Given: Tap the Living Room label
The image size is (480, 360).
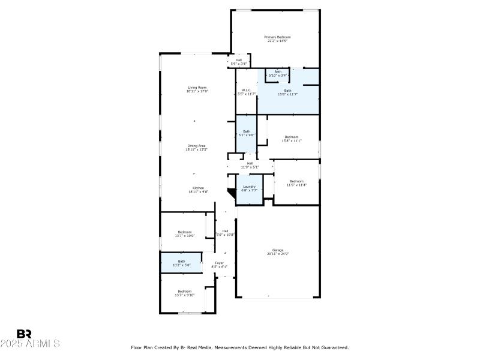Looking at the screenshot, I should tap(197, 88).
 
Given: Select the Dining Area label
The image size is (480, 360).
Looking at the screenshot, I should tap(197, 146).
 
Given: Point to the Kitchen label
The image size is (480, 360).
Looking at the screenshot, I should tap(197, 188).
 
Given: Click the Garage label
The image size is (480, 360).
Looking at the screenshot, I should tap(278, 250).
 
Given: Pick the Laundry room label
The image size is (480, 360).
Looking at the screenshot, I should tap(248, 187).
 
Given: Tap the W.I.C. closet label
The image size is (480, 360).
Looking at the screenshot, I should tap(246, 91).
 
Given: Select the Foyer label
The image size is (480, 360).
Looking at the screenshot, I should tap(219, 263).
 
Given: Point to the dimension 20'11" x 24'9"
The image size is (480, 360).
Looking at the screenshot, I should tap(278, 253).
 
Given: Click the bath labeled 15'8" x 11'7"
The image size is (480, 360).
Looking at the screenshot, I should tap(288, 92).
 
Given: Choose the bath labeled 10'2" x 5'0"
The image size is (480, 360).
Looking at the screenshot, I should tap(181, 263).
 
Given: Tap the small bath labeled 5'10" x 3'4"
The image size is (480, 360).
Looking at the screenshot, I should tap(278, 74).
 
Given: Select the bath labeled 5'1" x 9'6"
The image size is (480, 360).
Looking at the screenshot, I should tap(247, 133).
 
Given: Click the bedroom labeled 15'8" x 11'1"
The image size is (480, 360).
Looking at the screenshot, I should tap(292, 139).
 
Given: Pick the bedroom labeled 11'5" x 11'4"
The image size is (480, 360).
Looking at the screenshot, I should tap(297, 183).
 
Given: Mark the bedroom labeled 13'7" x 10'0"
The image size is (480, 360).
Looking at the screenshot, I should tap(184, 234).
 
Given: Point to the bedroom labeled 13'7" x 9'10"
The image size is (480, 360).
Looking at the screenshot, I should tap(184, 293).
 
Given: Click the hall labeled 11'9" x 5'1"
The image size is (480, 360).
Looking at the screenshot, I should tap(250, 165).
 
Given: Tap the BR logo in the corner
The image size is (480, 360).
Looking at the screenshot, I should tap(24, 334).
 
